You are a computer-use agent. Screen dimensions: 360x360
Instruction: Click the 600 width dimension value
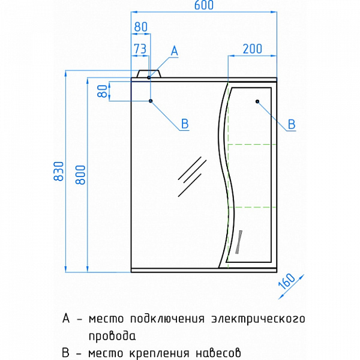204,5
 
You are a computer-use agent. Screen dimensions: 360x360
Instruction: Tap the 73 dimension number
140,49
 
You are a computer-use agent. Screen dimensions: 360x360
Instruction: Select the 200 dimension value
253,49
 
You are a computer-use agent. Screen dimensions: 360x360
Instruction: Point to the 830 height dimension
59,171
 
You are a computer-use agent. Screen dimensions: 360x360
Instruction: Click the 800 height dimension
80,175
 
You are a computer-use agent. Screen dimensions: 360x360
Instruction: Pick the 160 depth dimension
287,281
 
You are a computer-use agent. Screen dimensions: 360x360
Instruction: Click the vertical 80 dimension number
103,91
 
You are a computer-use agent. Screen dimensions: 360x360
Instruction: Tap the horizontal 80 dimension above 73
140,27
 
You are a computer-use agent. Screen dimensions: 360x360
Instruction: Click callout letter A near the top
175,51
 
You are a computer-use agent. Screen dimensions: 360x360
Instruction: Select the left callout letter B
185,124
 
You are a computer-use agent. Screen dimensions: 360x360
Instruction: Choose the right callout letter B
292,124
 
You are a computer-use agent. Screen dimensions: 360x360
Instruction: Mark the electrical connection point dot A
149,77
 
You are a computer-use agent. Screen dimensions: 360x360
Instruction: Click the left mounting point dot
151,101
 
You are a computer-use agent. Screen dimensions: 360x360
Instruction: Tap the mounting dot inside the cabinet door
257,101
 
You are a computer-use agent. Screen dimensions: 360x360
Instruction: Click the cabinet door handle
239,242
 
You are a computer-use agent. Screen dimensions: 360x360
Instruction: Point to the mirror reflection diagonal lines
192,176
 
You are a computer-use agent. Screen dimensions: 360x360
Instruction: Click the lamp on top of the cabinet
149,74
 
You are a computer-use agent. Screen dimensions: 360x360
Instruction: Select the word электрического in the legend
258,319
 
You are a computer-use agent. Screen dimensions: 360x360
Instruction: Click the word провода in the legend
112,336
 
